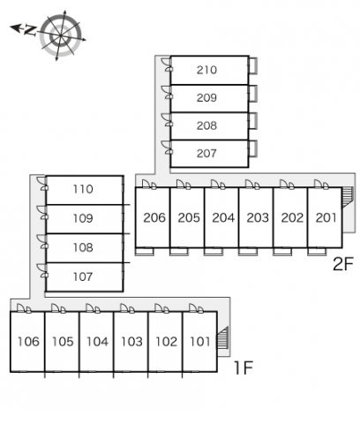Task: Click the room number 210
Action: pos(206,70)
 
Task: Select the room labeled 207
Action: pos(206,153)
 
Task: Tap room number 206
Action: pos(154,217)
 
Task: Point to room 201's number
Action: pos(326,217)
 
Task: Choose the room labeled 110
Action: pos(83,189)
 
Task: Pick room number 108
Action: pos(83,247)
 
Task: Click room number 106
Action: pos(28,342)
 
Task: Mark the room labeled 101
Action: pos(200,342)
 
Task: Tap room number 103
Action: pos(131,342)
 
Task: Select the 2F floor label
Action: pos(342,264)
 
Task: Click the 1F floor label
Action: pos(243,367)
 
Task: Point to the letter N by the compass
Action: pos(30,30)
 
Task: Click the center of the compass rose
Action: pos(61,35)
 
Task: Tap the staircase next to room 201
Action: pos(347,198)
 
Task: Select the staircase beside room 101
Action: pos(222,337)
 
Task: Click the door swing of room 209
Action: pos(166,92)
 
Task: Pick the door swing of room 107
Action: pos(41,270)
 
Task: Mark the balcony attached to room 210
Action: pos(253,65)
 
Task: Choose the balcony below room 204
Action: pos(214,252)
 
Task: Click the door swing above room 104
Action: pos(93,308)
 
